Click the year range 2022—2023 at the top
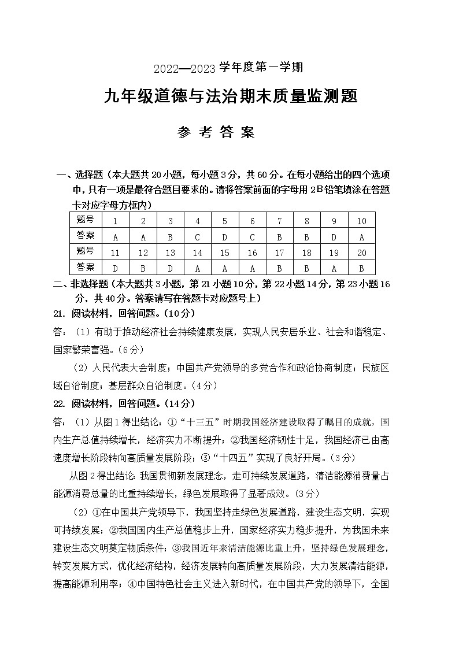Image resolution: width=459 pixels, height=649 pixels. click(x=184, y=68)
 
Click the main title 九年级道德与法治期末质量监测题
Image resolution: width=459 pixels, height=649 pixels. click(x=230, y=96)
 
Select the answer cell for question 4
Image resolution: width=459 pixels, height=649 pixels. click(x=198, y=236)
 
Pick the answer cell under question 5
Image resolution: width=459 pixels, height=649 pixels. click(x=225, y=236)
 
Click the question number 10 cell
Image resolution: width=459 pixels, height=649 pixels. click(x=361, y=221)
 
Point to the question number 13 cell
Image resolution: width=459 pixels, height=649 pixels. click(x=171, y=253)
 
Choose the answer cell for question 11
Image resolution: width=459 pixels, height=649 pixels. click(x=116, y=268)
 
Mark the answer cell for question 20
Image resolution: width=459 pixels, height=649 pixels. click(x=361, y=268)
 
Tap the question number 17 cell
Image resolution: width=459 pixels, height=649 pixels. click(x=279, y=253)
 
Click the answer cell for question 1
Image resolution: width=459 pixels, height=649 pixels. click(x=116, y=236)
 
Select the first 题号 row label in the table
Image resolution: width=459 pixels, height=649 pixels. click(x=85, y=220)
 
